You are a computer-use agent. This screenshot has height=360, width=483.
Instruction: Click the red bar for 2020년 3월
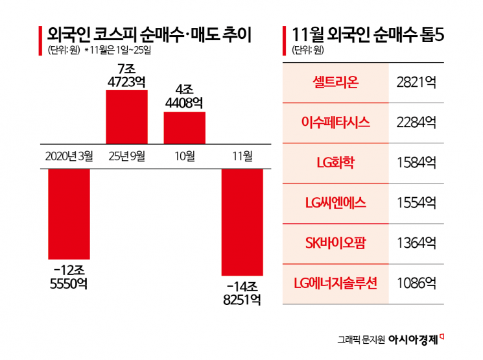pos(69,214)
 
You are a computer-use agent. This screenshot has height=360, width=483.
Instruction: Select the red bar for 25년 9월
pos(126,116)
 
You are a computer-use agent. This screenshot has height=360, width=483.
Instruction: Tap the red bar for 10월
pos(184,127)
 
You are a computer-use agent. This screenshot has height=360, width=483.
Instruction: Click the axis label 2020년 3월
pos(69,156)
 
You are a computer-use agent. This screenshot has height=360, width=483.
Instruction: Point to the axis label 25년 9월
pos(126,156)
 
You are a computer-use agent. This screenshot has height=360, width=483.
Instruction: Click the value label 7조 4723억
pos(126,75)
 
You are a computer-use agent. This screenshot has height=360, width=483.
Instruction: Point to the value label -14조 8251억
pos(242,292)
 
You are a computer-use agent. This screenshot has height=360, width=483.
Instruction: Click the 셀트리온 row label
pos(335,82)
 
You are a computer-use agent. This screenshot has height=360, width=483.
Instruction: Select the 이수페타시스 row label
pos(335,123)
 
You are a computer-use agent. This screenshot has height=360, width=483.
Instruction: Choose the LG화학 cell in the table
pos(335,163)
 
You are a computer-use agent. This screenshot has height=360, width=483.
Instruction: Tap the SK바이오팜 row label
pos(335,243)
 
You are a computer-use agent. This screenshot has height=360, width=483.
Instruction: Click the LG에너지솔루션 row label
pos(335,283)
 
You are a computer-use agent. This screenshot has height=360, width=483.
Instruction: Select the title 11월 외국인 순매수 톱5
pos(368,34)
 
